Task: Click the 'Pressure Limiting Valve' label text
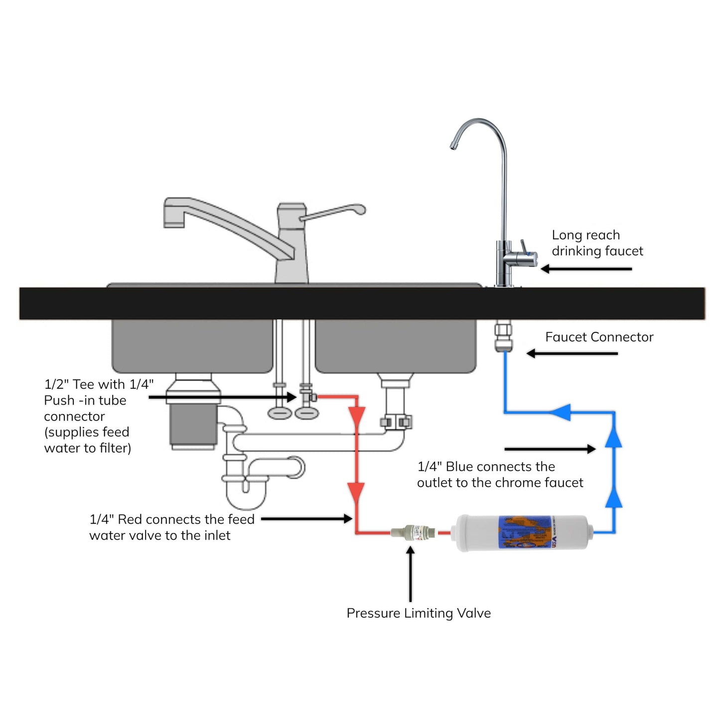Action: (419, 613)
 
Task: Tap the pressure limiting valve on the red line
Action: (413, 532)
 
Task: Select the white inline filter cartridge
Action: (522, 533)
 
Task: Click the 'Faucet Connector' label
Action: (599, 337)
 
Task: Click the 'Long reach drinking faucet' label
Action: (597, 243)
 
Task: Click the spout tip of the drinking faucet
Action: (453, 145)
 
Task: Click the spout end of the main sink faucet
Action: (174, 222)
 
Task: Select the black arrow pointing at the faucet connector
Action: (572, 353)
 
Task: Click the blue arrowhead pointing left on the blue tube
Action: (561, 412)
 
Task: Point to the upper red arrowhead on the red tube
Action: (357, 416)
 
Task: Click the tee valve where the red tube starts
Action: (308, 397)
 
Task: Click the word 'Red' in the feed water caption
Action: (130, 519)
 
